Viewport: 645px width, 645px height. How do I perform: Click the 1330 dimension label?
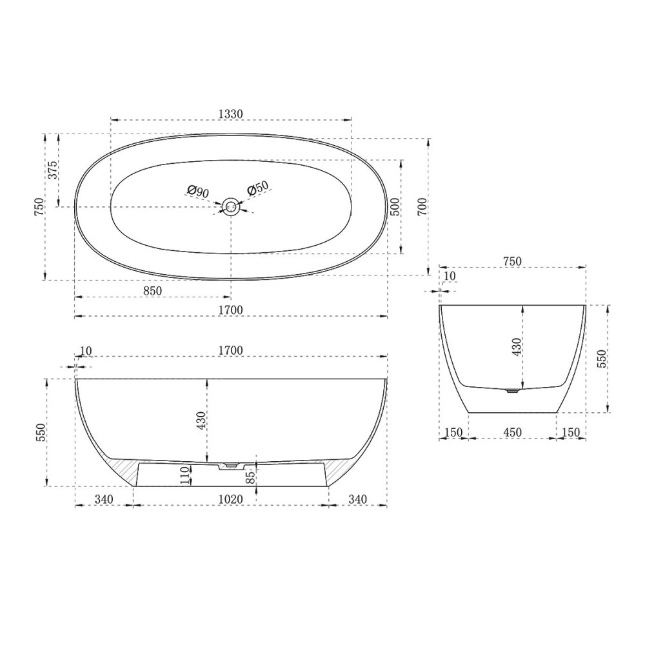tap(231, 114)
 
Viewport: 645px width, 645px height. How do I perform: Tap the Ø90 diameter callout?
tap(198, 192)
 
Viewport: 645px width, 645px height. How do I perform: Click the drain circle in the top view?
tap(231, 206)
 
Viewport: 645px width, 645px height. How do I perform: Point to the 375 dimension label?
tap(54, 170)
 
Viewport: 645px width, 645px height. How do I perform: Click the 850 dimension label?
tap(153, 291)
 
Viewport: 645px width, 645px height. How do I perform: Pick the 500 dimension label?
tap(394, 207)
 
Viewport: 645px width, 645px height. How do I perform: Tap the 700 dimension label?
tap(422, 207)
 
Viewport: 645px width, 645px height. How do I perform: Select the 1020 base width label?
tap(231, 499)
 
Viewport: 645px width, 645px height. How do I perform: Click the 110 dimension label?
tap(185, 475)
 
